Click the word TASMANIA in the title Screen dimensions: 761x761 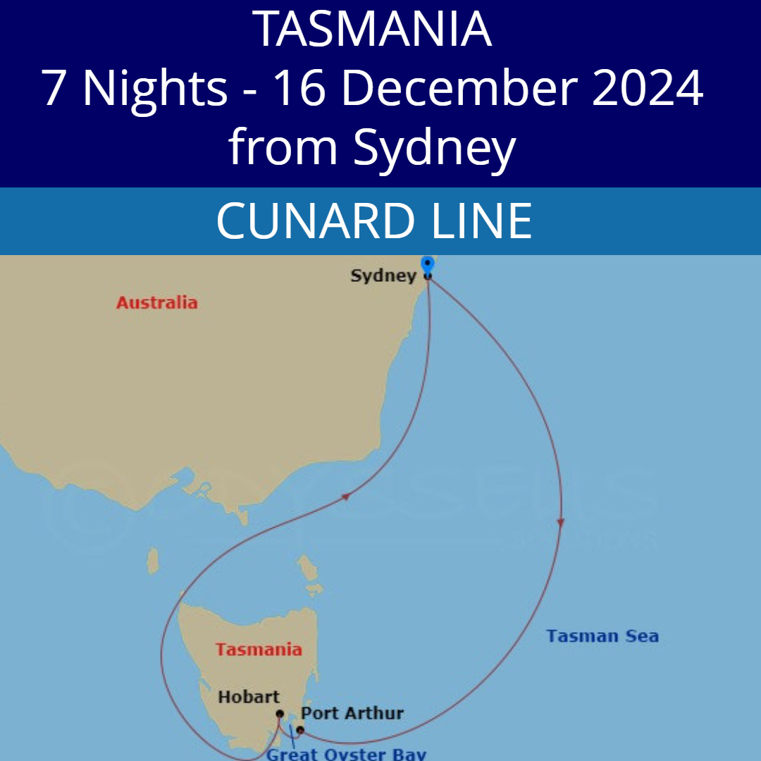pyautogui.click(x=372, y=30)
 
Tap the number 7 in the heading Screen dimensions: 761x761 pyautogui.click(x=54, y=88)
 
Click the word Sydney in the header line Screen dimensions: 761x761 pyautogui.click(x=435, y=148)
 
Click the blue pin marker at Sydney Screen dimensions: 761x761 pyautogui.click(x=427, y=266)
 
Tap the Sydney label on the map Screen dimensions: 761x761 pyautogui.click(x=383, y=276)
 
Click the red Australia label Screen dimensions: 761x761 pyautogui.click(x=156, y=303)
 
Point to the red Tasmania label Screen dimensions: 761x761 pyautogui.click(x=259, y=649)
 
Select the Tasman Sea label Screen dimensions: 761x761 pyautogui.click(x=602, y=636)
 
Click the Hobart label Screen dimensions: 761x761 pyautogui.click(x=249, y=697)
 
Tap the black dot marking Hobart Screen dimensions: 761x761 pyautogui.click(x=280, y=714)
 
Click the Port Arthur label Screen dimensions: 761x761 pyautogui.click(x=352, y=713)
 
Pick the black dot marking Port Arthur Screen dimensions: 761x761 pyautogui.click(x=300, y=729)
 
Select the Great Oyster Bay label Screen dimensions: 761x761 pyautogui.click(x=346, y=754)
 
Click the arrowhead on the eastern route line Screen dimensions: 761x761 pyautogui.click(x=561, y=522)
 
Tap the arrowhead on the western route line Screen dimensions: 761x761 pyautogui.click(x=345, y=497)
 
